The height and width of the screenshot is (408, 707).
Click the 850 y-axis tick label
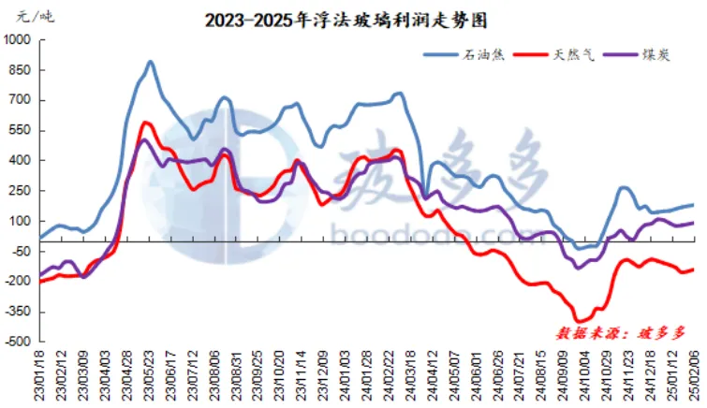pos(21,70)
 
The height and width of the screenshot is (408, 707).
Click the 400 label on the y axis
pos(21,160)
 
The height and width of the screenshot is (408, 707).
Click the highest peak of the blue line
pos(150,62)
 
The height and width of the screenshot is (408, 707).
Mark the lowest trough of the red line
pos(580,321)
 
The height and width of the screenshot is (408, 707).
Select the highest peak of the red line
pos(146,123)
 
